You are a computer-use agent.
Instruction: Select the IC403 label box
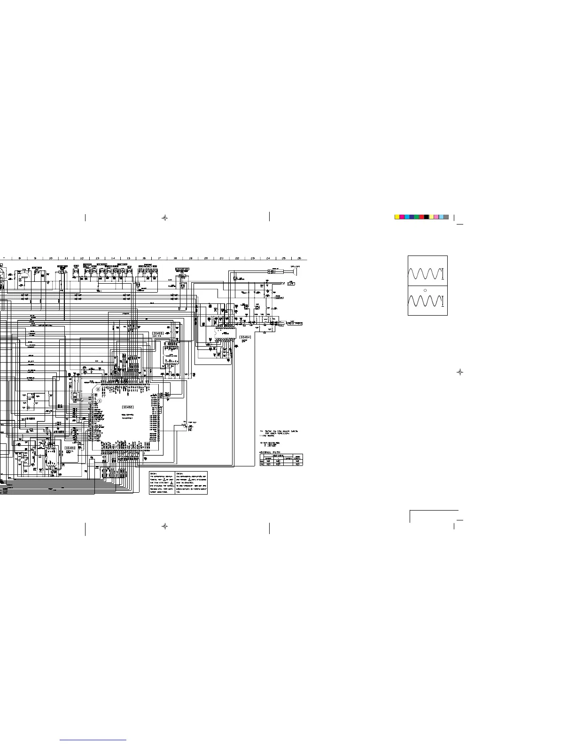(x=158, y=333)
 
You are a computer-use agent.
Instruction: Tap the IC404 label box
(x=245, y=337)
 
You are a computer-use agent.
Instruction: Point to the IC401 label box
(x=70, y=448)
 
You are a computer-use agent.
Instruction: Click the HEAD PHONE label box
(x=295, y=324)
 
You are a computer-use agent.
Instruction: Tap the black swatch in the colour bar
(x=427, y=217)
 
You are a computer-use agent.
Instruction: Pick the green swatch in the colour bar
(x=417, y=217)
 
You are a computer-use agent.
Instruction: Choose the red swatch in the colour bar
(x=422, y=217)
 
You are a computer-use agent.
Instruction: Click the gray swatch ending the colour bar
(x=446, y=217)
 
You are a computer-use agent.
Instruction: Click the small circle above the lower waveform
(x=425, y=291)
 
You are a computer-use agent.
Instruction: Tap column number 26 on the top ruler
(x=299, y=258)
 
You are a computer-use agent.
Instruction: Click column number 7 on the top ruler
(x=4, y=258)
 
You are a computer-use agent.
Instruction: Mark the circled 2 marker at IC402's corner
(x=98, y=389)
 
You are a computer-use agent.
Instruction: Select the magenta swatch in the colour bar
(x=402, y=217)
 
